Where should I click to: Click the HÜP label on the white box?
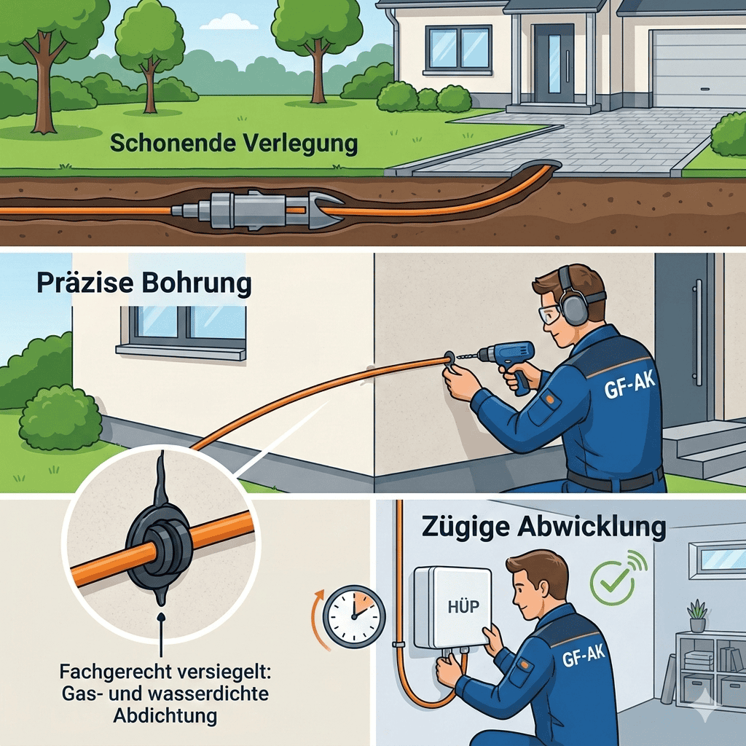click(463, 607)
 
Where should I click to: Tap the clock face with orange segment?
click(355, 616)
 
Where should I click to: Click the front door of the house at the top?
click(554, 63)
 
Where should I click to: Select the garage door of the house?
click(697, 68)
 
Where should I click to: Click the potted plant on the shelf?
click(697, 616)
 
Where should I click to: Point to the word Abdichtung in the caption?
click(165, 715)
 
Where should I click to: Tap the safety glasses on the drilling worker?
click(549, 315)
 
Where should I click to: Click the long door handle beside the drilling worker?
click(699, 332)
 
